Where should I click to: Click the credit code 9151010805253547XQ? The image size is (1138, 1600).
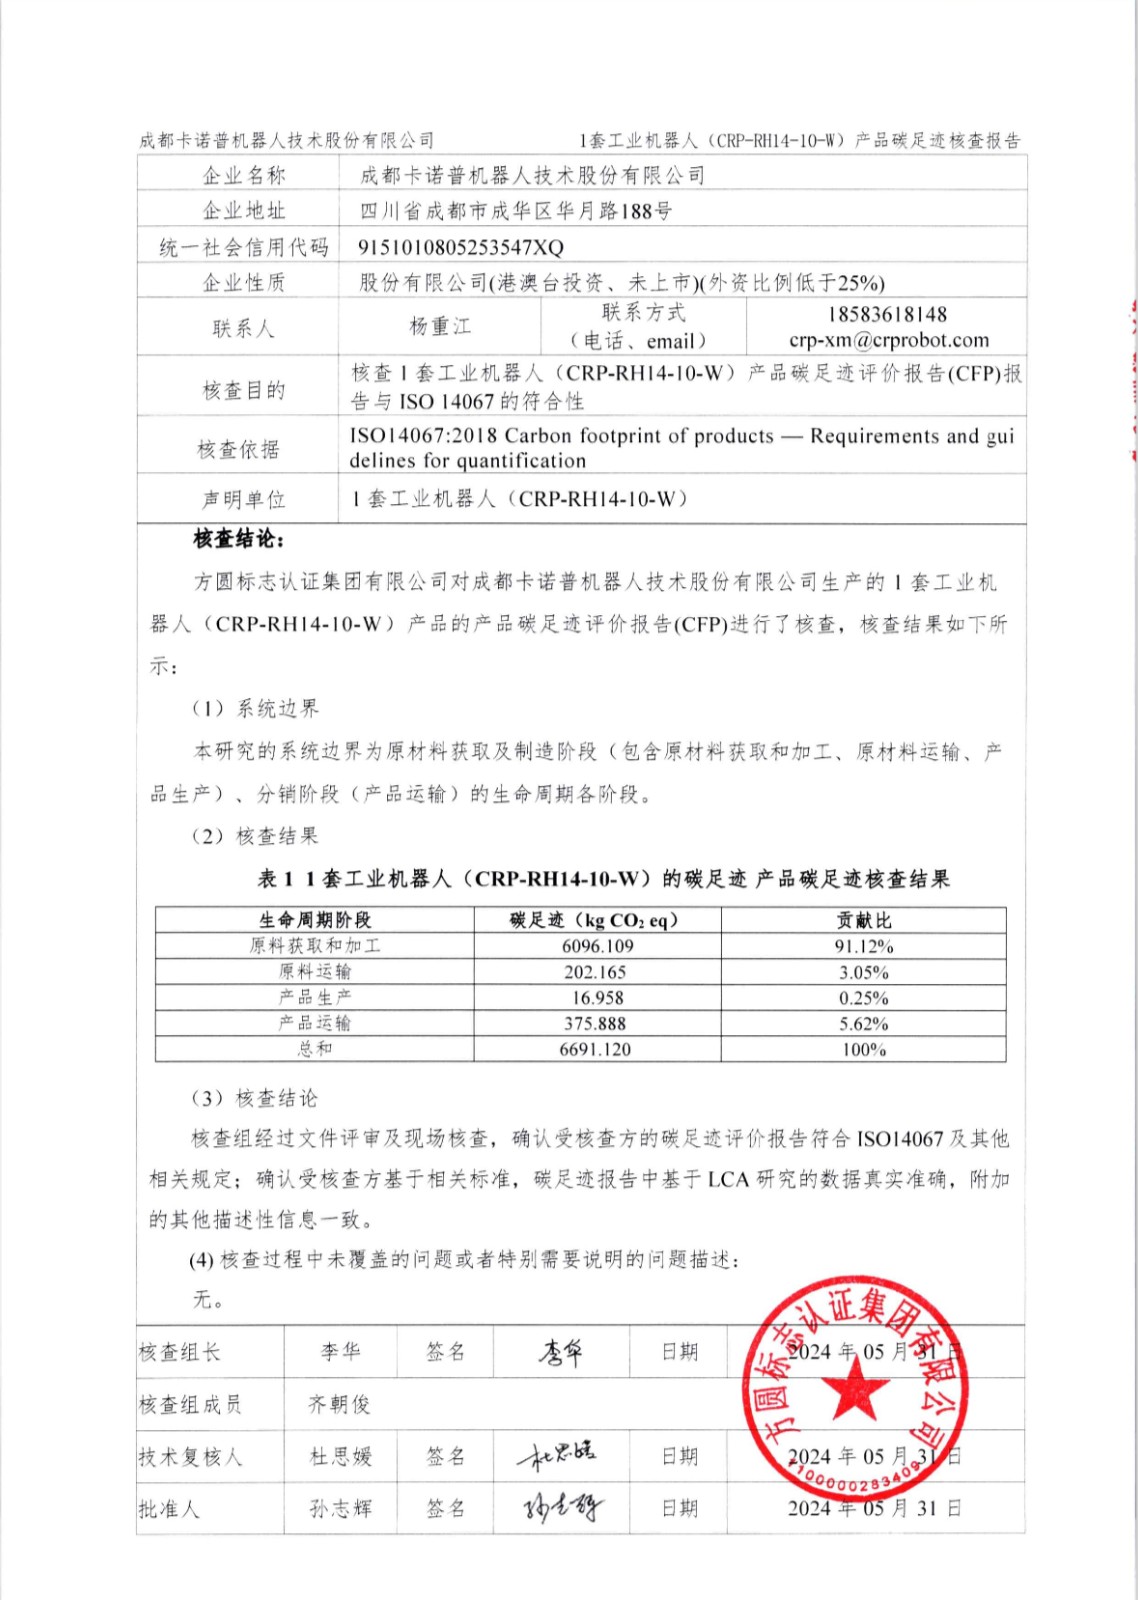(461, 247)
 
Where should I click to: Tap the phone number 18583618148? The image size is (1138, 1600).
(887, 314)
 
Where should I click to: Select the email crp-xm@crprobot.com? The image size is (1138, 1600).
(888, 340)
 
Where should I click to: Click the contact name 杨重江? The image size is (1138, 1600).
(440, 327)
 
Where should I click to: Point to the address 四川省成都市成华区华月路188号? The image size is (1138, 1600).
(515, 211)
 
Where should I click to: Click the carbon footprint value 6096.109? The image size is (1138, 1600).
(597, 946)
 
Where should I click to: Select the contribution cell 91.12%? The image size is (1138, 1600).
(864, 946)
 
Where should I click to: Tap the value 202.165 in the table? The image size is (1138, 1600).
(595, 972)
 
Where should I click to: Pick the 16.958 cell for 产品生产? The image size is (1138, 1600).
(597, 998)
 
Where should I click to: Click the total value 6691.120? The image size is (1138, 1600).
(595, 1049)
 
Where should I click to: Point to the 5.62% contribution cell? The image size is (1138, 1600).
(864, 1024)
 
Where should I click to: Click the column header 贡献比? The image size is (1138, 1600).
(864, 920)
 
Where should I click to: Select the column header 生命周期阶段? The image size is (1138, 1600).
(315, 920)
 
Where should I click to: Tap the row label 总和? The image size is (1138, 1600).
(315, 1049)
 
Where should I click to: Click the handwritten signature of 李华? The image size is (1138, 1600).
(561, 1353)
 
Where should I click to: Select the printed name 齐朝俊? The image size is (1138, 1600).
(340, 1405)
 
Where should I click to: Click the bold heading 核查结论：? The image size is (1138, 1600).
(239, 540)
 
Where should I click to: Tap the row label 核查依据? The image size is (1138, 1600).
(238, 449)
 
